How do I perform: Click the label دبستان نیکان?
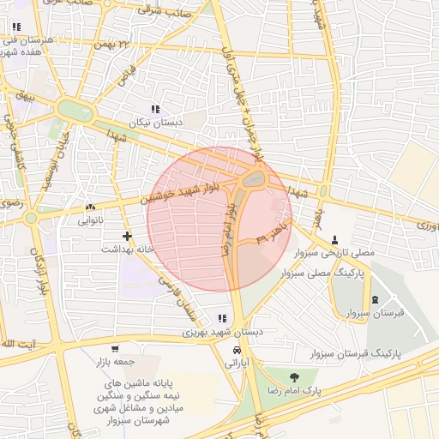[155, 123]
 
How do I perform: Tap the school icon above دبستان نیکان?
[155, 109]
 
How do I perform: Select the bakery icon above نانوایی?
[90, 207]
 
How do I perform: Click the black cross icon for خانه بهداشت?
[127, 235]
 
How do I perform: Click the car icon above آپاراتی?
[237, 351]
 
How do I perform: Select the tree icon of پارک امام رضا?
[295, 376]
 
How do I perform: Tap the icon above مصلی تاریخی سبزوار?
[334, 239]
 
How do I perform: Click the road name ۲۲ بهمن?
[117, 44]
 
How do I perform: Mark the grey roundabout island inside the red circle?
[254, 180]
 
